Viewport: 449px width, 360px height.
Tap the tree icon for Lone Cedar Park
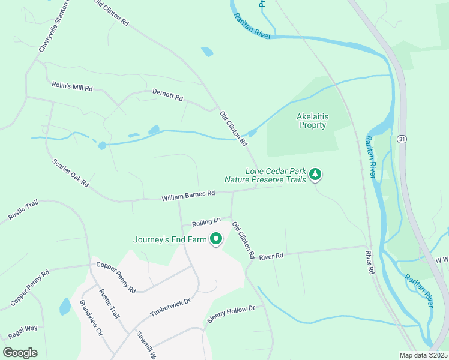coord(315,175)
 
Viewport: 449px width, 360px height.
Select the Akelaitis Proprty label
coord(312,121)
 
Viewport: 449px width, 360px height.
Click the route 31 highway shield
coord(402,139)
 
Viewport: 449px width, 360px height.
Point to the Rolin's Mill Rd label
coord(72,88)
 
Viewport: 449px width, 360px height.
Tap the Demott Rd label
coord(167,95)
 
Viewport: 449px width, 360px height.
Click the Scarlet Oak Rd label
coord(70,172)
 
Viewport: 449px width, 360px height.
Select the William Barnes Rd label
coord(188,194)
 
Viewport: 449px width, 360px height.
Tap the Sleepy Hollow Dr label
coord(231,313)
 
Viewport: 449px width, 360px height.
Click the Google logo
coord(20,353)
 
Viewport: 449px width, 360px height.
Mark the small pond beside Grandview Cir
coord(65,307)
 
